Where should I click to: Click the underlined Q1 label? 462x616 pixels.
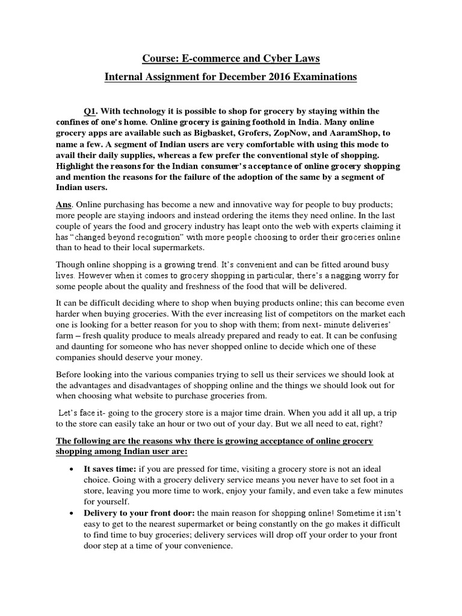pyautogui.click(x=90, y=111)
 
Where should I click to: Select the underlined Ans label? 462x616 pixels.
pyautogui.click(x=64, y=194)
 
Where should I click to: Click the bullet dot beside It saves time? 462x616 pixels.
pyautogui.click(x=72, y=469)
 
